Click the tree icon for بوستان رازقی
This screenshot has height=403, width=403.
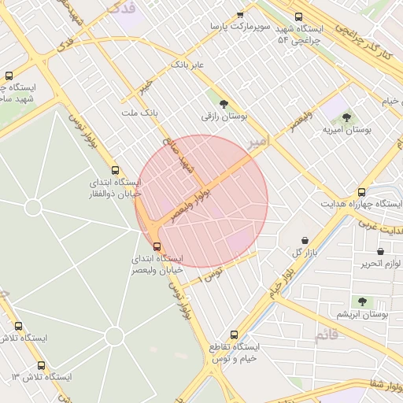point(224,104)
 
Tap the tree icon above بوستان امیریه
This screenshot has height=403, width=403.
point(346,117)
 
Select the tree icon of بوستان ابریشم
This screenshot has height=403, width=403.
point(362,301)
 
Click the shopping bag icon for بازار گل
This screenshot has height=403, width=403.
point(305,240)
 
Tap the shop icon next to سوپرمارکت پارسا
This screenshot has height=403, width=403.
point(240,15)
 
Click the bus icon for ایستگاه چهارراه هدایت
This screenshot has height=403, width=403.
point(361,191)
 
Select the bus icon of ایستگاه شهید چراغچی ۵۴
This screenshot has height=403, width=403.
point(298,17)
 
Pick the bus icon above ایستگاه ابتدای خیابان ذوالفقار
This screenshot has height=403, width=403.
point(116,170)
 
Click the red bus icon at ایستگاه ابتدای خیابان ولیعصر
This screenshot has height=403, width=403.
point(154,246)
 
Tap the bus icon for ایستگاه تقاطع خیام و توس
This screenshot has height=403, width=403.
point(233,334)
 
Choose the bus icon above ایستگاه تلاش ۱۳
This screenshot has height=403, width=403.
point(41,365)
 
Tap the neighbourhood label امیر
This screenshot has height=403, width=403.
point(257,141)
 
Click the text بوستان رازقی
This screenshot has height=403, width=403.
point(224,116)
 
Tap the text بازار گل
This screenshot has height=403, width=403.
point(308,253)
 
